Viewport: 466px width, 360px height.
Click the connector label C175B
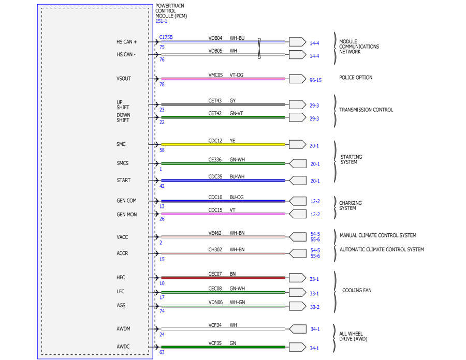[166, 37]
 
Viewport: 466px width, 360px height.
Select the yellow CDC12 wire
[223, 144]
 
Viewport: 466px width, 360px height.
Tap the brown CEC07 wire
[223, 278]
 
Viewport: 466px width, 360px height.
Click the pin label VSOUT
[124, 79]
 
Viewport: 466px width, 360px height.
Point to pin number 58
[162, 150]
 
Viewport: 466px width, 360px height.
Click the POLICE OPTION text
[356, 78]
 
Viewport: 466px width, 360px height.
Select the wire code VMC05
[215, 75]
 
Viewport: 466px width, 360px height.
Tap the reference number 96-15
[315, 80]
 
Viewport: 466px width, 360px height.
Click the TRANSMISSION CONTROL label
[366, 110]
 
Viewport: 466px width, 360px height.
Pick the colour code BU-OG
[237, 198]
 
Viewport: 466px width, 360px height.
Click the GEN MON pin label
[127, 215]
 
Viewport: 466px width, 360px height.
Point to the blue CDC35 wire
[223, 181]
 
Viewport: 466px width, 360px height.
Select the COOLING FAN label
[357, 290]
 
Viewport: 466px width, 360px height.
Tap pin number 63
[162, 352]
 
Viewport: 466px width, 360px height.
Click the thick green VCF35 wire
[223, 347]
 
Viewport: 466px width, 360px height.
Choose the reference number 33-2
[314, 307]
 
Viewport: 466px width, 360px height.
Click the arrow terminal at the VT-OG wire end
[298, 79]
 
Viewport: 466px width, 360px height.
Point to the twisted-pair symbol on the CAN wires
[259, 49]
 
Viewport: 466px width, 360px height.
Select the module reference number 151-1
[162, 21]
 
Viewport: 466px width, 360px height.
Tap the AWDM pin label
[123, 329]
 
